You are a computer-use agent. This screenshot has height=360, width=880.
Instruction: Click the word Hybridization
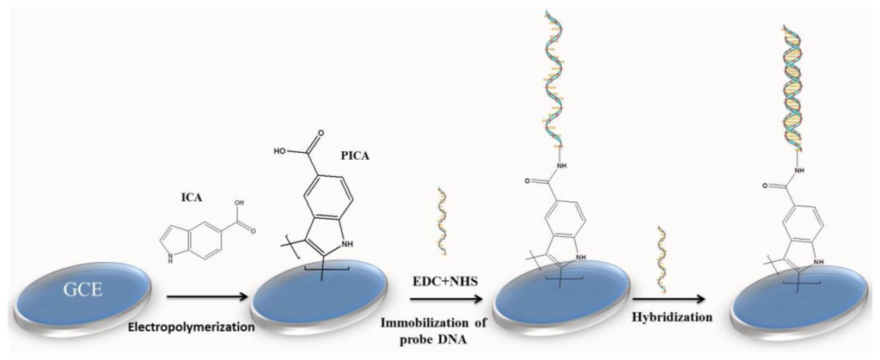coord(672,317)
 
